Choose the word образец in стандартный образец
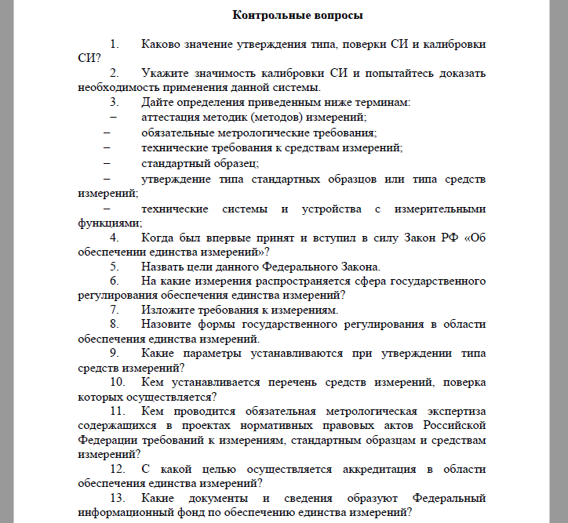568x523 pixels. (234, 163)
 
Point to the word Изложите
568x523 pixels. (167, 310)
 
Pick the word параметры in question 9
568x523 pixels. (218, 353)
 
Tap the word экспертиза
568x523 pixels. (454, 411)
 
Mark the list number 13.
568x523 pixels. (118, 499)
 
